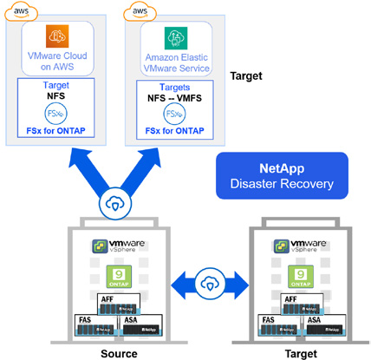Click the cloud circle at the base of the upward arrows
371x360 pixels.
click(117, 201)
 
